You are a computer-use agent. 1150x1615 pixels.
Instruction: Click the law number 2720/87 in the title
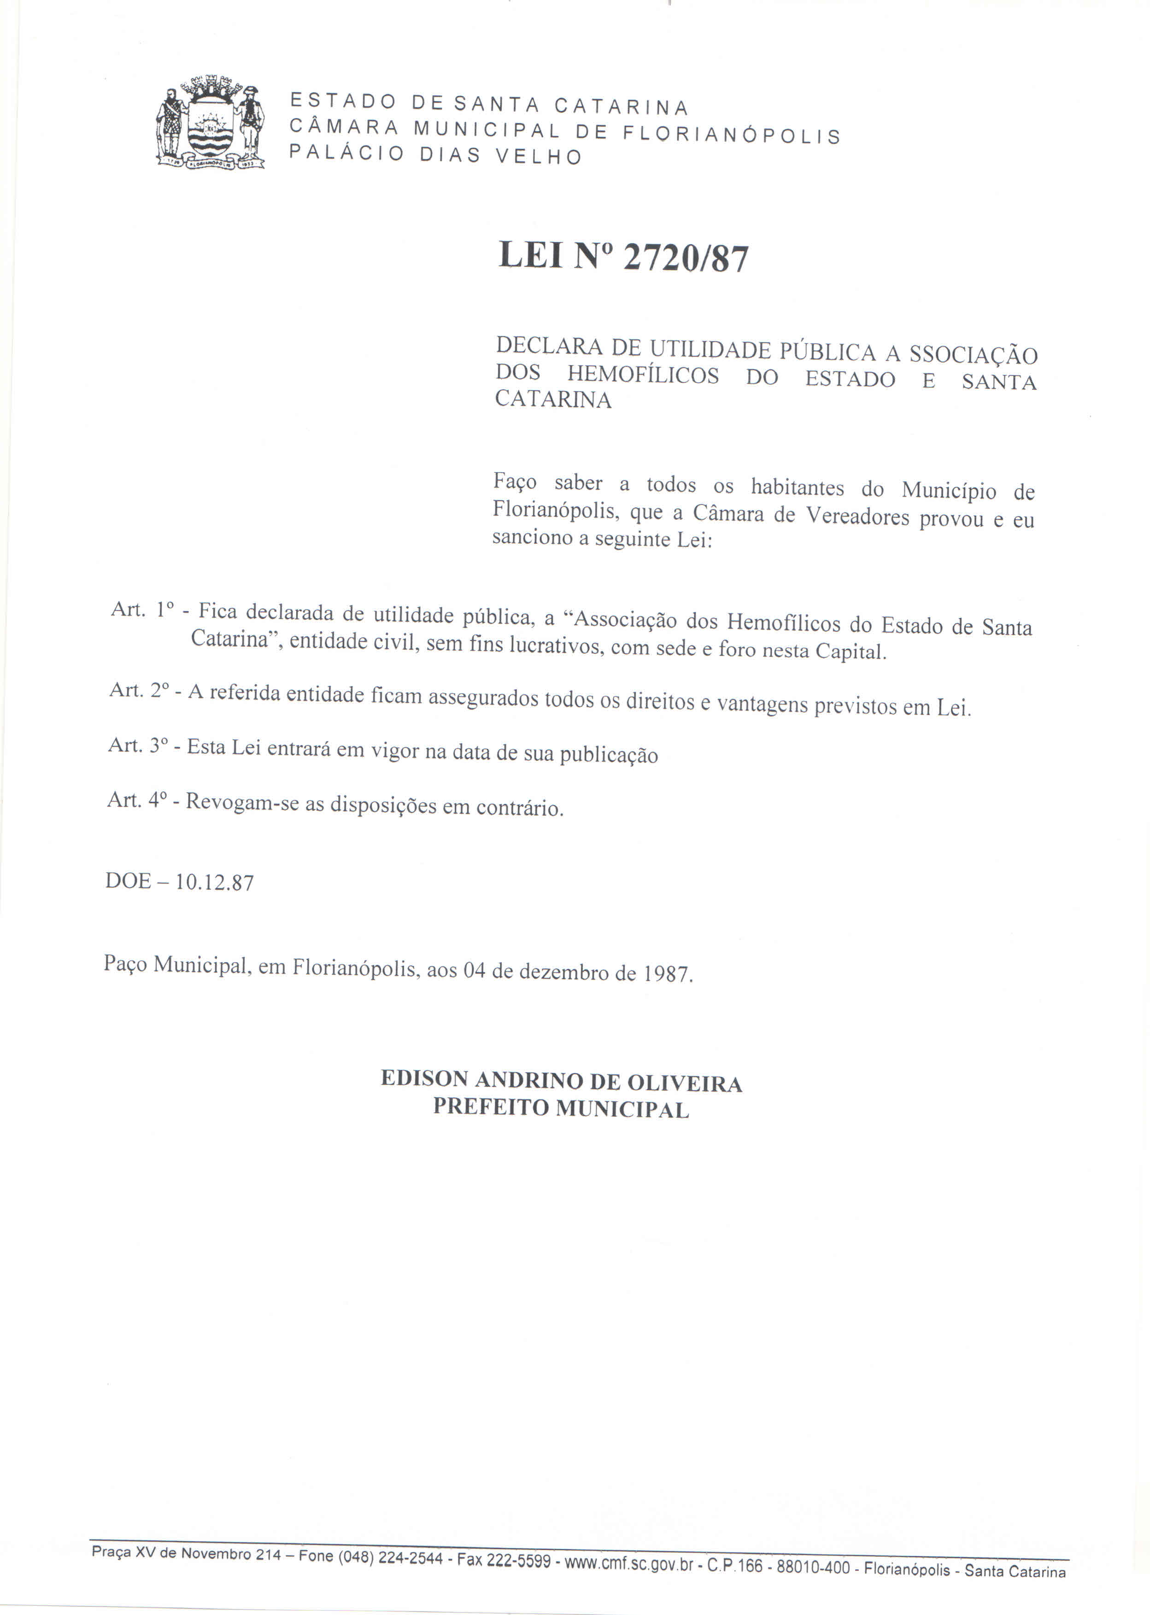click(685, 259)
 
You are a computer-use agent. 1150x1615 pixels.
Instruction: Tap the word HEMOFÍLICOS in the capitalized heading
click(643, 375)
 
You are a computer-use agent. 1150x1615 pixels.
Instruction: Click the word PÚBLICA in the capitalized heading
click(828, 352)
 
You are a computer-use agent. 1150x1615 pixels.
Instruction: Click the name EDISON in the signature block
click(424, 1078)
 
